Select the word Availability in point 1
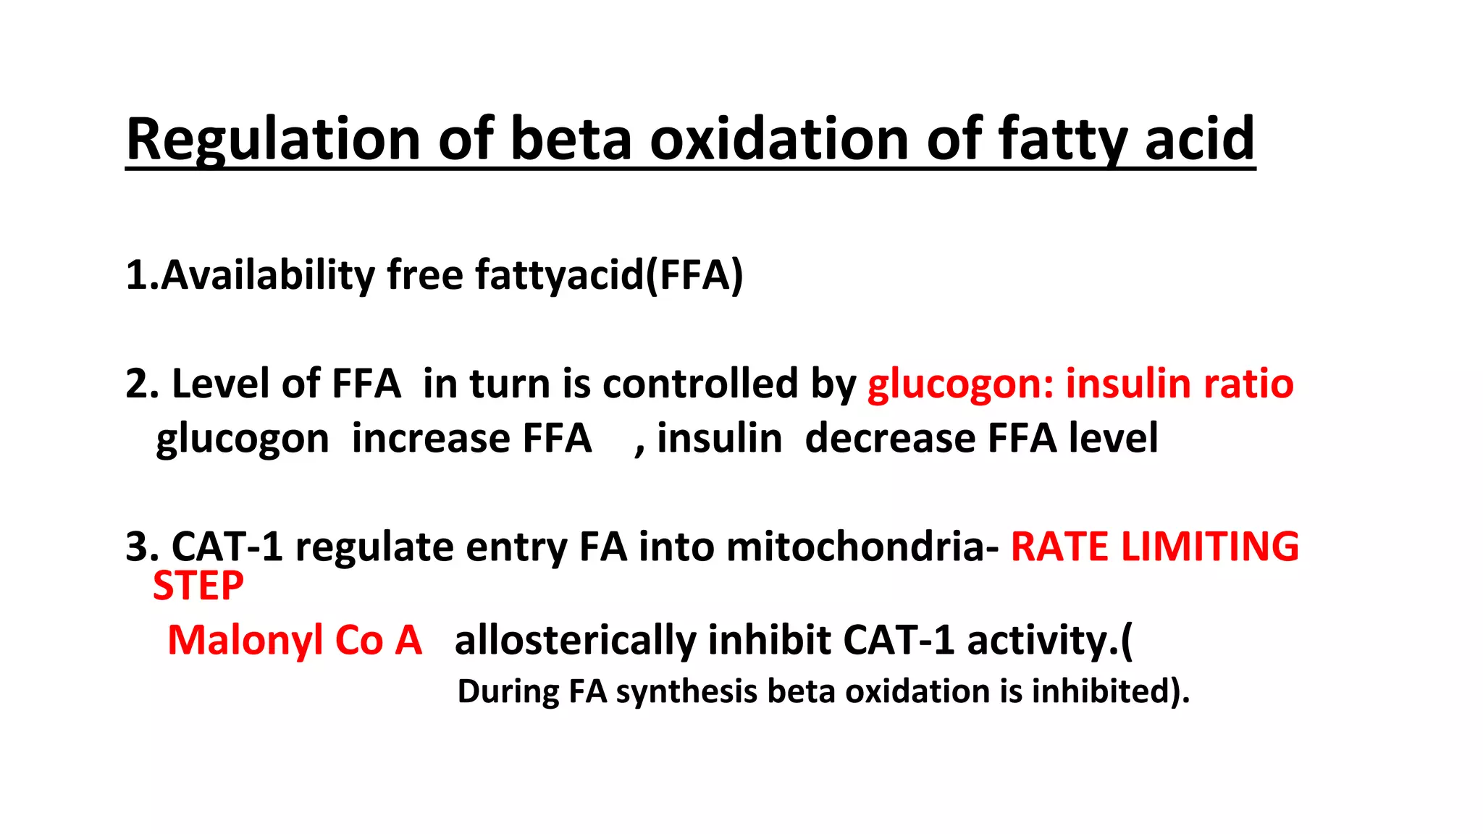coord(267,275)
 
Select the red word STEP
coord(198,586)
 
